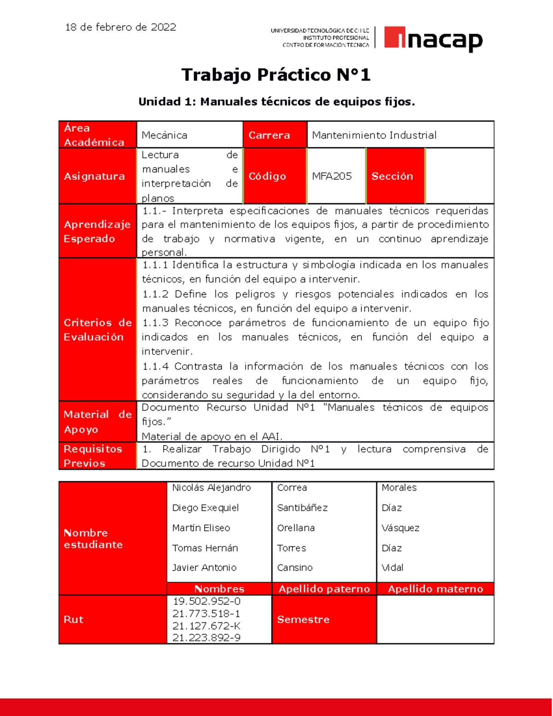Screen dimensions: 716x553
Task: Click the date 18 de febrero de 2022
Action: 120,27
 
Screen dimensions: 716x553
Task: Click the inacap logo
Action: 433,39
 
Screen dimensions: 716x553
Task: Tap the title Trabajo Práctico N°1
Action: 276,75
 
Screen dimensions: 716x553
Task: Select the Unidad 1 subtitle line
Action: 276,102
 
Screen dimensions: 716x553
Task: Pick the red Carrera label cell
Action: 274,135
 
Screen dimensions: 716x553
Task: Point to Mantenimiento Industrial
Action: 374,135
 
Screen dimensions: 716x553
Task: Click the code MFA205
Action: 331,176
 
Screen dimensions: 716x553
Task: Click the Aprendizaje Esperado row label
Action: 97,231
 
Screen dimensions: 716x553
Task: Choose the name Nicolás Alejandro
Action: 211,488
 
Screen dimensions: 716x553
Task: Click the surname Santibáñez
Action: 302,508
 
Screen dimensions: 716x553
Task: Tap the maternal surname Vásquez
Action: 400,528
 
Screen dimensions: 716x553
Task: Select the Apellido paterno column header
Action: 324,589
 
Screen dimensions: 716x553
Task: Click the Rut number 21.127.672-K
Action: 206,626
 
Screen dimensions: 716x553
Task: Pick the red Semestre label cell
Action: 303,620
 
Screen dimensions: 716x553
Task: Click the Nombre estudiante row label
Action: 93,538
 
